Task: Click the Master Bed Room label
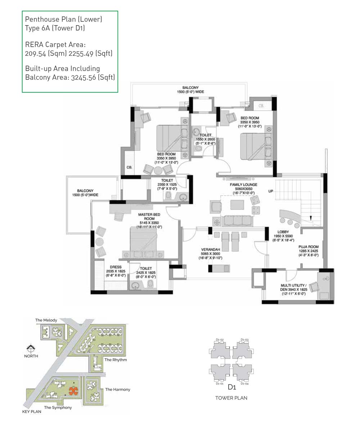149,217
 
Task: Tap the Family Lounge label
244,185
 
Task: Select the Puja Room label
309,247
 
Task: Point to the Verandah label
210,250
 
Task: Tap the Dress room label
116,267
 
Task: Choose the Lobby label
283,232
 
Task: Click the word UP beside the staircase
271,191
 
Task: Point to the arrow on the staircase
311,218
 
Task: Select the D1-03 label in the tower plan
244,340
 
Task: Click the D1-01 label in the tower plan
219,383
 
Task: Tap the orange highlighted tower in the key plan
73,391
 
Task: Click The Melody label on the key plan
46,320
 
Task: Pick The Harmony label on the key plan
117,389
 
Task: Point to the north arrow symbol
31,348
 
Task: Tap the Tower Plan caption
231,398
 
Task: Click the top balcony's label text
190,90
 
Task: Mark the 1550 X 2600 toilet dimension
206,139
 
